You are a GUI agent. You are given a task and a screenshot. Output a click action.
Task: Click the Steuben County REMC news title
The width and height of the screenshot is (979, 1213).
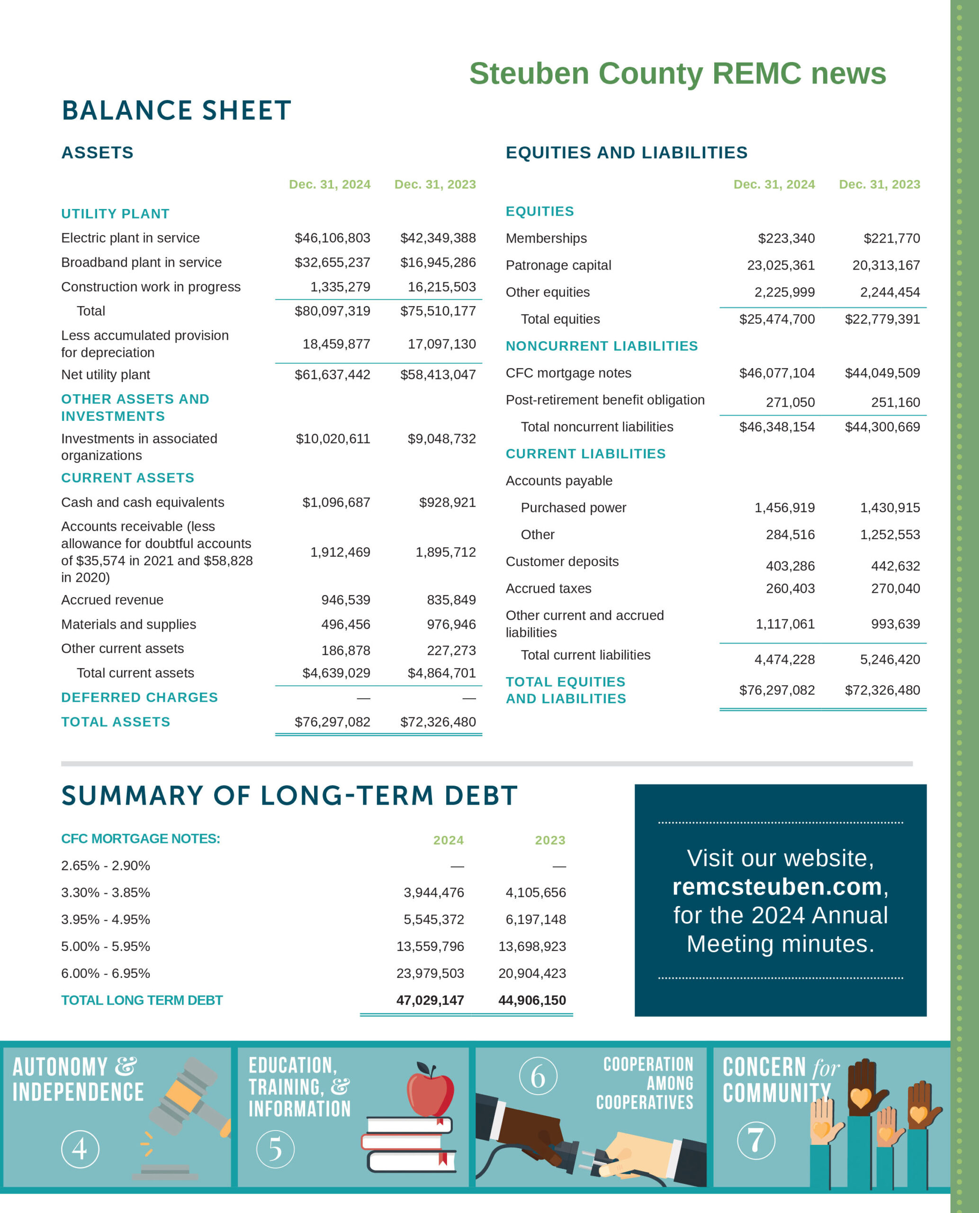pyautogui.click(x=677, y=73)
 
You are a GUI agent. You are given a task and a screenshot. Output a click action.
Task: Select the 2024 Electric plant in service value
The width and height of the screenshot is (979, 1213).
pyautogui.click(x=332, y=238)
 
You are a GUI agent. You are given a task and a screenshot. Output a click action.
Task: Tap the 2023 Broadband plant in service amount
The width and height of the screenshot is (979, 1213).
pyautogui.click(x=438, y=263)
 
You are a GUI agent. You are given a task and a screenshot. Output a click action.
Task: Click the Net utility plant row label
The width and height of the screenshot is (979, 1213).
pyautogui.click(x=106, y=375)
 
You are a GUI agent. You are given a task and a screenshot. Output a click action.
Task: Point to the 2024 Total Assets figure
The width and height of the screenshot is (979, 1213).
pyautogui.click(x=332, y=722)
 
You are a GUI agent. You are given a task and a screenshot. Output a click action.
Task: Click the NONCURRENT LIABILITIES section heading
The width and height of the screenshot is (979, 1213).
pyautogui.click(x=601, y=346)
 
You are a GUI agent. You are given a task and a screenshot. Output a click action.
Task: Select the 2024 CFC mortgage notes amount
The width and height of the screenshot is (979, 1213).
pyautogui.click(x=777, y=373)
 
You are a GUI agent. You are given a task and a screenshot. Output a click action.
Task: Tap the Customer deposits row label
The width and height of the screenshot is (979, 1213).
pyautogui.click(x=562, y=561)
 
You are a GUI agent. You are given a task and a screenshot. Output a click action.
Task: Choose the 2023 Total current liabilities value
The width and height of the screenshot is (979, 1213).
pyautogui.click(x=889, y=660)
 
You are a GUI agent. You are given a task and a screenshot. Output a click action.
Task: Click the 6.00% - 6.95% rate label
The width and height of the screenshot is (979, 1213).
pyautogui.click(x=106, y=973)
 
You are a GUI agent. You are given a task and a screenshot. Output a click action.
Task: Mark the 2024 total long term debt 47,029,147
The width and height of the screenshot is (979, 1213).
pyautogui.click(x=430, y=1000)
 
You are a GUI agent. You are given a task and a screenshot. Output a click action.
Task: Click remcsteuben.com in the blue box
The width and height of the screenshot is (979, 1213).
pyautogui.click(x=777, y=887)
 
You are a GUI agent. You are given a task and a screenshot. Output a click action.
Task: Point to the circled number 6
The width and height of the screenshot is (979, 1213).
pyautogui.click(x=538, y=1076)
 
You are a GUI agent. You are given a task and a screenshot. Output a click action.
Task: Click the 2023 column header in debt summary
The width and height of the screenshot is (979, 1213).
pyautogui.click(x=549, y=840)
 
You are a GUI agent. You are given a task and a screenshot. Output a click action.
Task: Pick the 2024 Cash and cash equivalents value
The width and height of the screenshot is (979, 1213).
pyautogui.click(x=336, y=502)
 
